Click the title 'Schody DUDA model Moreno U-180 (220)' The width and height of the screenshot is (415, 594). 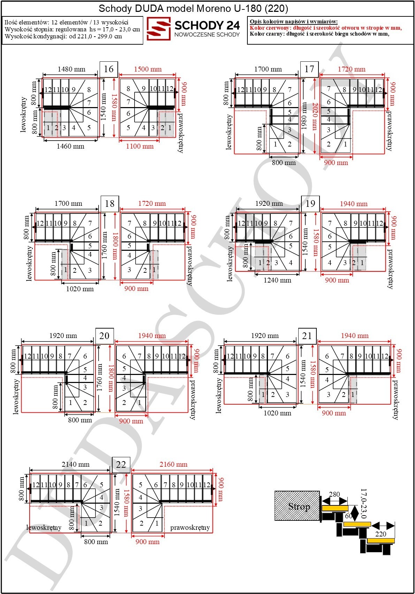[x=193, y=9]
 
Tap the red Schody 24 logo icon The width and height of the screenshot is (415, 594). [x=159, y=29]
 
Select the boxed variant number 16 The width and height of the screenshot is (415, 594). [x=109, y=69]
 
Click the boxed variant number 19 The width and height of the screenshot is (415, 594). [x=310, y=204]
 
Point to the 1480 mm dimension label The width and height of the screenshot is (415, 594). [x=71, y=69]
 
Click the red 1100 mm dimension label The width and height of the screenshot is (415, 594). [x=140, y=146]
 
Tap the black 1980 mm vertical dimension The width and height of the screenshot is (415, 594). [x=304, y=116]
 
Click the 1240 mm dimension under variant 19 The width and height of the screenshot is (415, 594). [x=277, y=280]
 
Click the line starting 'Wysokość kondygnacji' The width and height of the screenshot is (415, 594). [x=63, y=36]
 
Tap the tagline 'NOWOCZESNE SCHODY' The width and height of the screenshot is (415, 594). [x=207, y=35]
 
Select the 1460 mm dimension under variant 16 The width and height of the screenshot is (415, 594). [x=70, y=146]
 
